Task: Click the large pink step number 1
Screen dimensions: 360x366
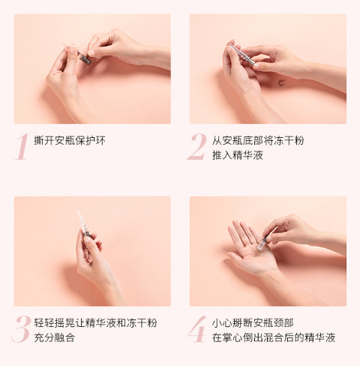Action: [x=22, y=147]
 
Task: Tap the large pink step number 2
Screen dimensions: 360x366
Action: [x=197, y=147]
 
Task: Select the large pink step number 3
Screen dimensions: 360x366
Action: [x=21, y=329]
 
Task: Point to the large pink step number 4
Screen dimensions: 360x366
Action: [x=197, y=329]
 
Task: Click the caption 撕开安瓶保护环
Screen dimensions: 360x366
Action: [x=70, y=140]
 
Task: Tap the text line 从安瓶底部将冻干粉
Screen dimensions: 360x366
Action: [x=258, y=140]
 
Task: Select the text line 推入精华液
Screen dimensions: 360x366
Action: [x=238, y=155]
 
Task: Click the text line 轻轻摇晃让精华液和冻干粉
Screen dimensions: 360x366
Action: [x=95, y=322]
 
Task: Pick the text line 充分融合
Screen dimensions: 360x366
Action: [x=55, y=337]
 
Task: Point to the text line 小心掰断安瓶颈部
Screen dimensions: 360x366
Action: [x=253, y=322]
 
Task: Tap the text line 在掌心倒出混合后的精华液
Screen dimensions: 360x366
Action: [x=274, y=337]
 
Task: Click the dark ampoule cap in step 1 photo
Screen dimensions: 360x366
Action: [x=84, y=58]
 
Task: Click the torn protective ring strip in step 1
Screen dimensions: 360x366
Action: [x=69, y=46]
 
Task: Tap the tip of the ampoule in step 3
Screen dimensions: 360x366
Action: [x=78, y=211]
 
